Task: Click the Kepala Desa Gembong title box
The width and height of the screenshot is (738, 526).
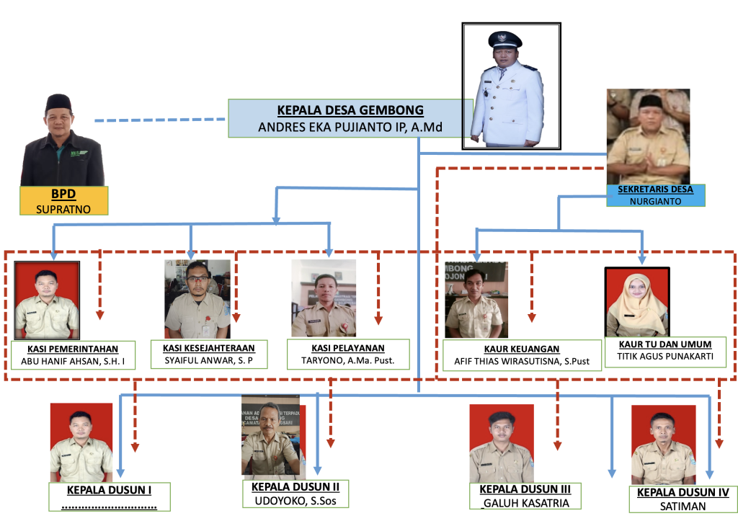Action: pos(350,119)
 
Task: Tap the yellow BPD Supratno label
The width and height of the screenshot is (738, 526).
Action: pos(63,201)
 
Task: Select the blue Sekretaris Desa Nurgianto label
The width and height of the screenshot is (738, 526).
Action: pos(655,195)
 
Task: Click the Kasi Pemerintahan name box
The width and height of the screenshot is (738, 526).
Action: pos(74,355)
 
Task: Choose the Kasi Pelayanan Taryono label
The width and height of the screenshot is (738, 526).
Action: pos(348,355)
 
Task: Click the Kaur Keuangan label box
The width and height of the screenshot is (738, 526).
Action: pos(522,355)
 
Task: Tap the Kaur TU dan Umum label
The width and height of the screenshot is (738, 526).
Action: pos(664,352)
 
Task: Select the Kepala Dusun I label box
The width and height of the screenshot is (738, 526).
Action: pos(109,496)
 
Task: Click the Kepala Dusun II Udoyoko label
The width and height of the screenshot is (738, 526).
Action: pos(295,494)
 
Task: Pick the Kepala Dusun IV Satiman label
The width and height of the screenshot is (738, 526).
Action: pos(683,499)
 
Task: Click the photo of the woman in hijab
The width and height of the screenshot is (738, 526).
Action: pos(637,303)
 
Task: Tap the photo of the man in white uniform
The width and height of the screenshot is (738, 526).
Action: pos(511,86)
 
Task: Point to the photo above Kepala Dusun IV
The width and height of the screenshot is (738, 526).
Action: pos(663,445)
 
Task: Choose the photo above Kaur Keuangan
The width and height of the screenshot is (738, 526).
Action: pos(476,300)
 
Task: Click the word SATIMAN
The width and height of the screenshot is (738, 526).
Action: pos(683,506)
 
